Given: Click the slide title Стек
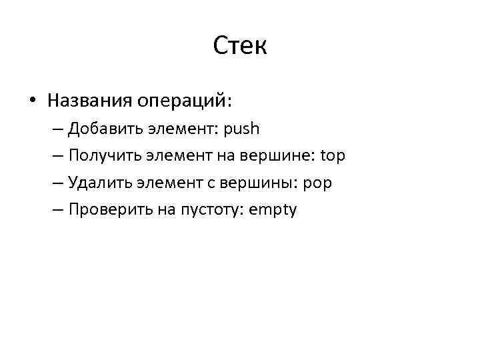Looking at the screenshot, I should [x=240, y=47].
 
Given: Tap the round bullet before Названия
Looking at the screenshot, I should [x=32, y=101].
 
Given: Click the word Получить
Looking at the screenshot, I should [x=98, y=156].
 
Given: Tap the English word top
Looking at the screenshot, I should [x=333, y=157].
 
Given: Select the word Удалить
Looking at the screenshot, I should [x=93, y=183].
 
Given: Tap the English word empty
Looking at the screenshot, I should [x=272, y=211].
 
